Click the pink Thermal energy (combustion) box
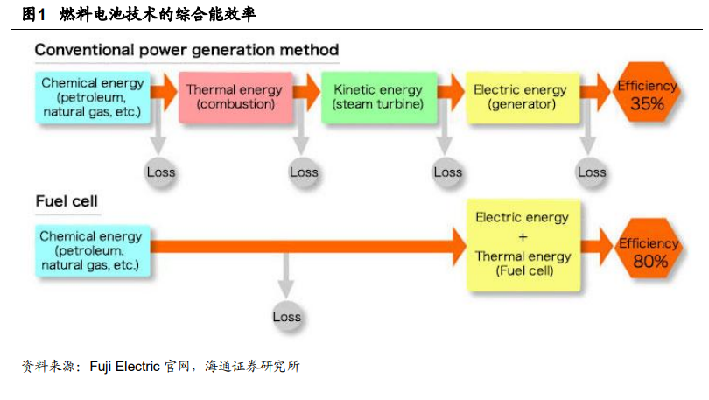(235, 97)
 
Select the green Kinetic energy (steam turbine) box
(379, 97)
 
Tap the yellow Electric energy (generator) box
(523, 97)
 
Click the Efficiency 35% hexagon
(647, 92)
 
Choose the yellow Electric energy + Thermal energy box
(523, 245)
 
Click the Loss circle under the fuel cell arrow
(287, 316)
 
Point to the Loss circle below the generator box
(592, 172)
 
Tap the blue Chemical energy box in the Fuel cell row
(92, 251)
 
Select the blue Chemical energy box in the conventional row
(92, 97)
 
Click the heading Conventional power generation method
(186, 50)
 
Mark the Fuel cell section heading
(67, 201)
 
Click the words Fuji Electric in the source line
(125, 366)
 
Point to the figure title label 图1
(33, 15)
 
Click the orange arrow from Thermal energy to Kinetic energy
(306, 92)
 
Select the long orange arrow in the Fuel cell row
(308, 246)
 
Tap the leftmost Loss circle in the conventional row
(160, 172)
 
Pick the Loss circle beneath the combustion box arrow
(304, 172)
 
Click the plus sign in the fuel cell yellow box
(523, 237)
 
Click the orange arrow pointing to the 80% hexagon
(597, 246)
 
